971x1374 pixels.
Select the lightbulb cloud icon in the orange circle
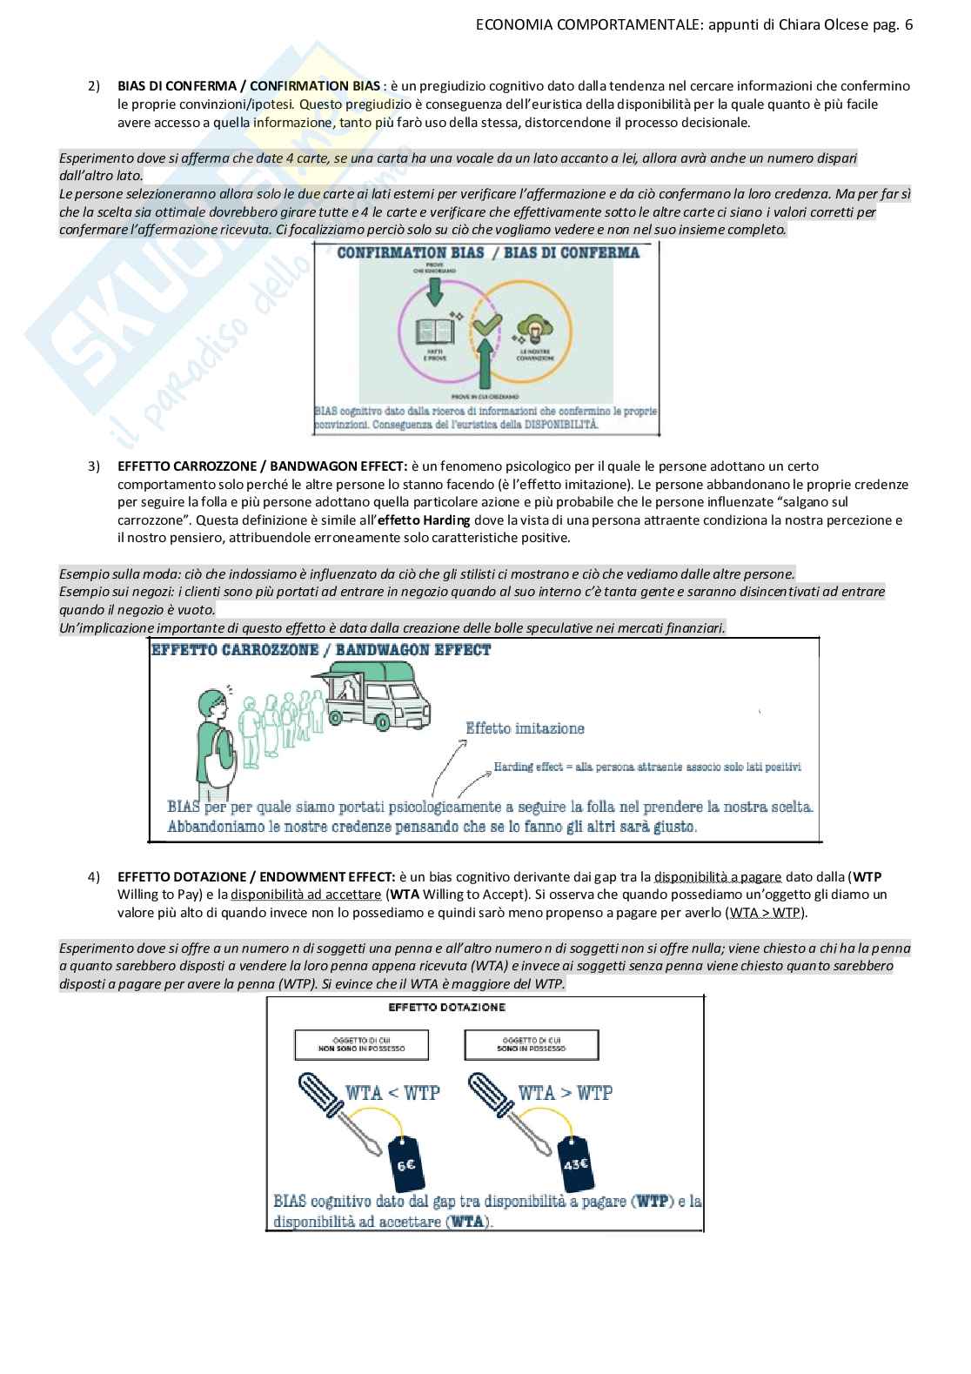[533, 331]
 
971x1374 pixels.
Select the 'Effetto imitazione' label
[525, 728]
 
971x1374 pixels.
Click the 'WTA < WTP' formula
[392, 1092]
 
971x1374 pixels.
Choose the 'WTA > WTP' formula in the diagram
[565, 1092]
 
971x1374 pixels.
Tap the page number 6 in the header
[909, 25]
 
